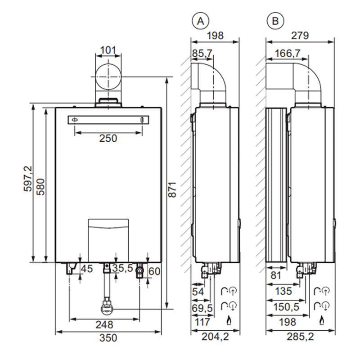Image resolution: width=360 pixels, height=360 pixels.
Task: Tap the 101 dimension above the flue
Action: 108,49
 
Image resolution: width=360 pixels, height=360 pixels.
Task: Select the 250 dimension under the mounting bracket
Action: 108,138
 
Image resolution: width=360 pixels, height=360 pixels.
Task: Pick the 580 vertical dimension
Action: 40,184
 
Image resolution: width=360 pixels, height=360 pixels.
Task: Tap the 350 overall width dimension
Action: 108,338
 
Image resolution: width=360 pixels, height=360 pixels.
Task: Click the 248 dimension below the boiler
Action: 105,324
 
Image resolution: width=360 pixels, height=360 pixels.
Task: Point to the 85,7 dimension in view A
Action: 202,54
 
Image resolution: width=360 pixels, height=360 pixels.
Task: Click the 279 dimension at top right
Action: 299,36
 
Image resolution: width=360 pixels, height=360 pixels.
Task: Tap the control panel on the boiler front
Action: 108,234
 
